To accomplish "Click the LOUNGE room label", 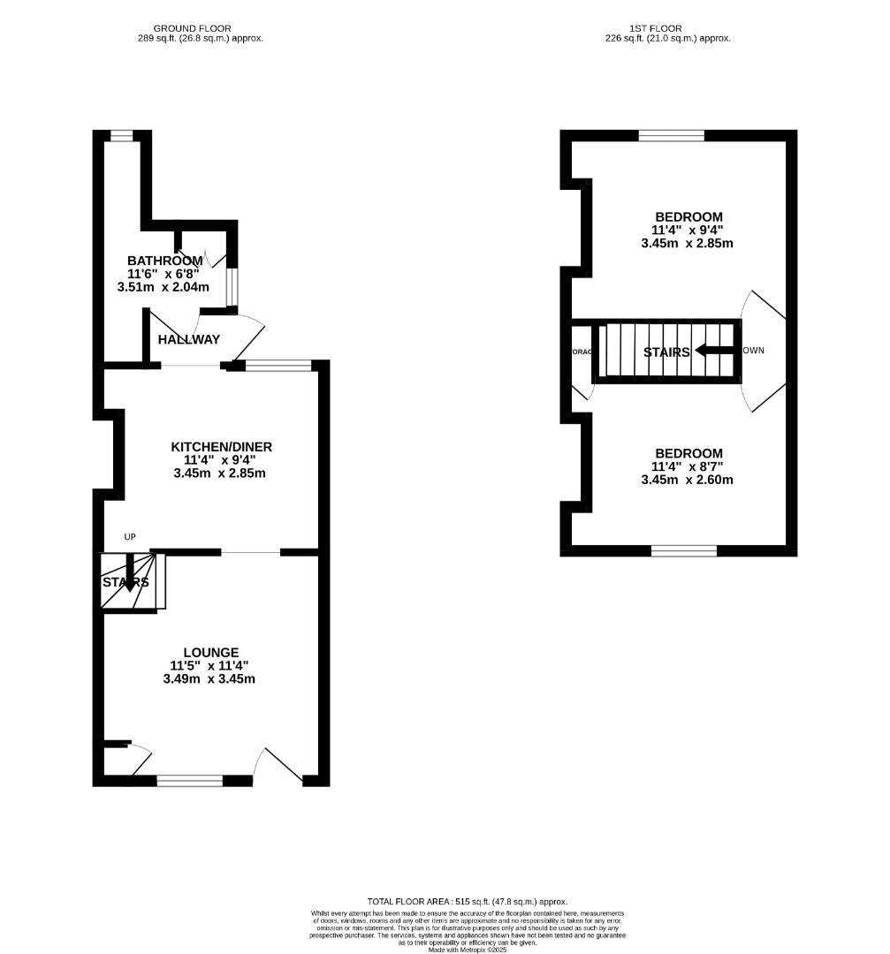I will point(209,653).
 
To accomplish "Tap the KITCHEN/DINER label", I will point(221,447).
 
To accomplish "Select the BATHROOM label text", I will point(164,261).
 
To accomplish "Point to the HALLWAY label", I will point(189,339).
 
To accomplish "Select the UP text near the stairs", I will point(130,537).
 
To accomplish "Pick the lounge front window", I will point(190,781).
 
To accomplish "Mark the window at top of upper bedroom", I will point(672,135).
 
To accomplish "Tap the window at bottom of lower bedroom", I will point(684,551).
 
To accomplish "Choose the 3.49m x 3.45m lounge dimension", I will point(209,679).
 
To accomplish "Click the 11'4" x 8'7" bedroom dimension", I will point(687,466).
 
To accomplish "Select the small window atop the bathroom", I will point(121,135).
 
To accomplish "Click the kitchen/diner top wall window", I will point(278,365).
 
